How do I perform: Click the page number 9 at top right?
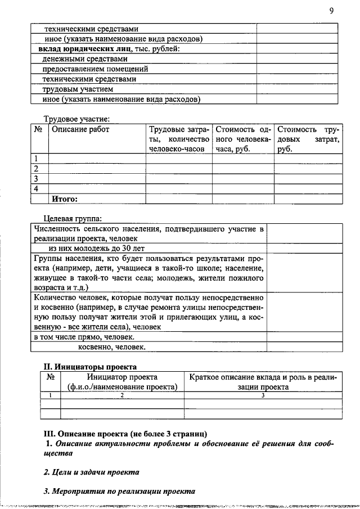pyautogui.click(x=331, y=11)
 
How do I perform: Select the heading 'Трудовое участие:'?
pyautogui.click(x=76, y=119)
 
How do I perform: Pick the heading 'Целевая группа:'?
pyautogui.click(x=73, y=218)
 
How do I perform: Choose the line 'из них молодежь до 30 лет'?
pyautogui.click(x=96, y=248)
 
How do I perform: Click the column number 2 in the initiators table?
pyautogui.click(x=122, y=395)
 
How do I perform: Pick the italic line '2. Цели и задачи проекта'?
pyautogui.click(x=91, y=472)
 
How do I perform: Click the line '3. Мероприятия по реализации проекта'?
pyautogui.click(x=119, y=491)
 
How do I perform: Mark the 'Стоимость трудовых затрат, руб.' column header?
pyautogui.click(x=308, y=139)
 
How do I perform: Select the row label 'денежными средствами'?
pyautogui.click(x=85, y=58)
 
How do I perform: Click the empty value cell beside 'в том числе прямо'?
pyautogui.click(x=304, y=337)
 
